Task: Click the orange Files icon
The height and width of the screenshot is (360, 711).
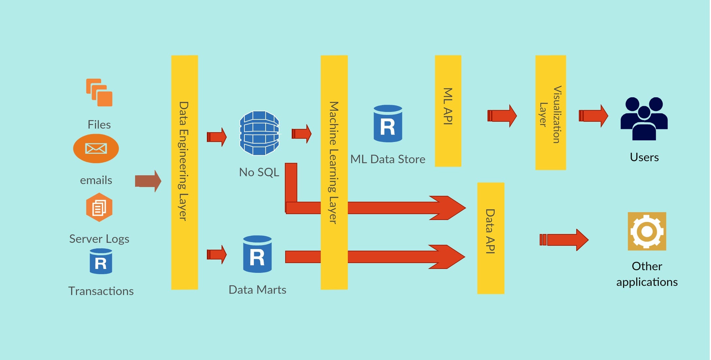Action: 99,93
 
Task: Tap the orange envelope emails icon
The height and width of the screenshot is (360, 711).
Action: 96,149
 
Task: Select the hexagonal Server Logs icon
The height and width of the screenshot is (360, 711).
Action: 99,208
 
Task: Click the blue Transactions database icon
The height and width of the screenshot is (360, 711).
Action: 101,261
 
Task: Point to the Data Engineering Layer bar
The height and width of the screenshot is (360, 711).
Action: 185,172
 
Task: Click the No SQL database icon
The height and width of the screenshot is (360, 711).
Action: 259,133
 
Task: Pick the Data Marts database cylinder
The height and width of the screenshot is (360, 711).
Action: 257,254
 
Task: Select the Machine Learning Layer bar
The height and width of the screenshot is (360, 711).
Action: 334,172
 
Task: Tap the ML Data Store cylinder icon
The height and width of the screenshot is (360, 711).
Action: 388,124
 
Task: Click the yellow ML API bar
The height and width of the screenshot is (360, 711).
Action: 448,111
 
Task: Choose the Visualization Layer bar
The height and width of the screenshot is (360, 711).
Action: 550,113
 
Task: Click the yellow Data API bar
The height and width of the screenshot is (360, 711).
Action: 491,238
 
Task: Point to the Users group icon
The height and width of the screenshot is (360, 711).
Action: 644,119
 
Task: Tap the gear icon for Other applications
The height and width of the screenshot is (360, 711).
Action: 647,231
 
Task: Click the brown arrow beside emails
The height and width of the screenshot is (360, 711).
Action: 148,181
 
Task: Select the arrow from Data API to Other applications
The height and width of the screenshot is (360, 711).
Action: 564,240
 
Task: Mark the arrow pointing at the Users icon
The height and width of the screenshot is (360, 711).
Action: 593,116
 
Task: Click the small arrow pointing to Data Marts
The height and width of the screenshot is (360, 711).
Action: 217,255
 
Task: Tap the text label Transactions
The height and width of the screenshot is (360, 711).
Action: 101,291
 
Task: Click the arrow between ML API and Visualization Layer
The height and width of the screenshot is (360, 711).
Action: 502,116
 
